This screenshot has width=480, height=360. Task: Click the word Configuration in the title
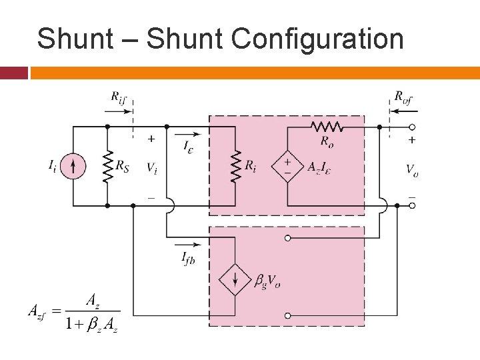click(317, 40)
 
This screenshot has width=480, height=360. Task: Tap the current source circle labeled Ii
click(73, 166)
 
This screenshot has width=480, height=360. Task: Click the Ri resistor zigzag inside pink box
click(235, 165)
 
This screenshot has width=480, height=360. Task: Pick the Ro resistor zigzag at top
click(327, 126)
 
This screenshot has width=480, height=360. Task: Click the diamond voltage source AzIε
click(287, 166)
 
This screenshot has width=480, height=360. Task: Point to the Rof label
click(403, 97)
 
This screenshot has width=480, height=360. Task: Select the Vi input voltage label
click(151, 167)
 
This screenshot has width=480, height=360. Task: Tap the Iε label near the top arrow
click(190, 144)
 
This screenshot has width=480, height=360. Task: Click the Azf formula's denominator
click(91, 324)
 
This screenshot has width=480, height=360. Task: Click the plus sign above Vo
click(411, 141)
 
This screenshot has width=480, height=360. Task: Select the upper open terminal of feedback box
click(288, 238)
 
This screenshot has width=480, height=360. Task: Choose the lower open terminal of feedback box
click(288, 315)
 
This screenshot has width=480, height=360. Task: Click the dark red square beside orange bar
click(13, 72)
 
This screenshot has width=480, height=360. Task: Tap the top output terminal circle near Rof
click(412, 127)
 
